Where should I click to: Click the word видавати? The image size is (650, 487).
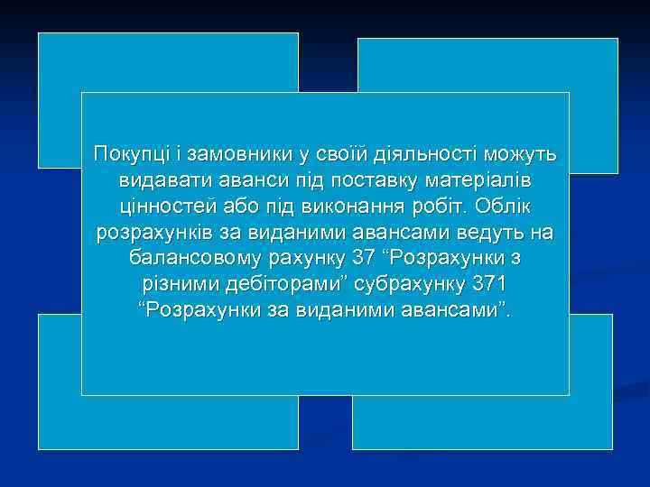(156, 181)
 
